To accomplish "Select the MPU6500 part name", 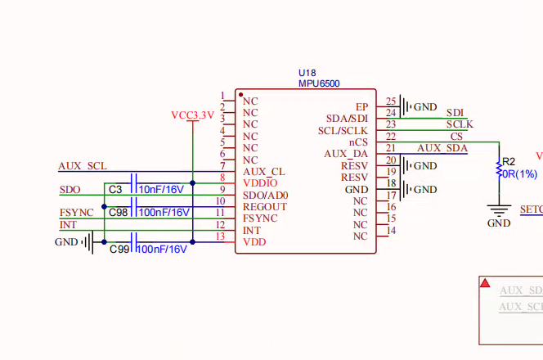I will (319, 83).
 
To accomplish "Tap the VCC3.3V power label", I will (192, 115).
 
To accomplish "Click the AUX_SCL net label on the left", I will (83, 166).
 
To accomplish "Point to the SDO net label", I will (70, 190).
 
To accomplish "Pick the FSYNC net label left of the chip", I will (76, 213).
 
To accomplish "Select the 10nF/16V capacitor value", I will (162, 190).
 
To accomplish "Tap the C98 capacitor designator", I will (118, 213).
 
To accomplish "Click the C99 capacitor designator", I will (119, 249).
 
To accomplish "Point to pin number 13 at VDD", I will (219, 236).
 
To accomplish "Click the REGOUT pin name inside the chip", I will (265, 207).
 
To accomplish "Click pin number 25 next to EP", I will (391, 101).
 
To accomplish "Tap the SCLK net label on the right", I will (460, 124).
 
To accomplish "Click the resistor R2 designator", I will (509, 161).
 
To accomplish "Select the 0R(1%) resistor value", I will (519, 173).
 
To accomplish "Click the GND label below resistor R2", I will (499, 223).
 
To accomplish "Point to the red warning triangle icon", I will (485, 283).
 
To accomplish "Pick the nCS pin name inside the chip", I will (358, 142).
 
